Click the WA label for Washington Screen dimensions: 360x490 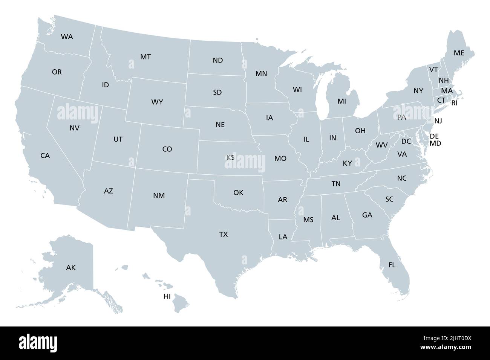click(67, 37)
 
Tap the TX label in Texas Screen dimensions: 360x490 click(224, 235)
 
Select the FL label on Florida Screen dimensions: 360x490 click(392, 265)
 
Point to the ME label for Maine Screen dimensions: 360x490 click(459, 53)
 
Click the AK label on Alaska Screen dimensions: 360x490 click(71, 268)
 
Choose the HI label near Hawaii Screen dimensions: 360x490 click(167, 296)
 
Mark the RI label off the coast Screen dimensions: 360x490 click(454, 103)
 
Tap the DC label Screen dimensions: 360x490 click(406, 142)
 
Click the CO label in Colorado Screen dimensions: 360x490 click(167, 149)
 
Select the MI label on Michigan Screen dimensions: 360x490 click(341, 101)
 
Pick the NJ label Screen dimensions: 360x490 click(438, 121)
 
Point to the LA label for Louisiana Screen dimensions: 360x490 click(283, 237)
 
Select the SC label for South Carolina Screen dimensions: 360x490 click(389, 199)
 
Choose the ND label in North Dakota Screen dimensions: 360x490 click(217, 60)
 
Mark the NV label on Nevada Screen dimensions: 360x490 click(75, 128)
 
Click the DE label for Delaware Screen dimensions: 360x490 click(434, 136)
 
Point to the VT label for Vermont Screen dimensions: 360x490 click(433, 69)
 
